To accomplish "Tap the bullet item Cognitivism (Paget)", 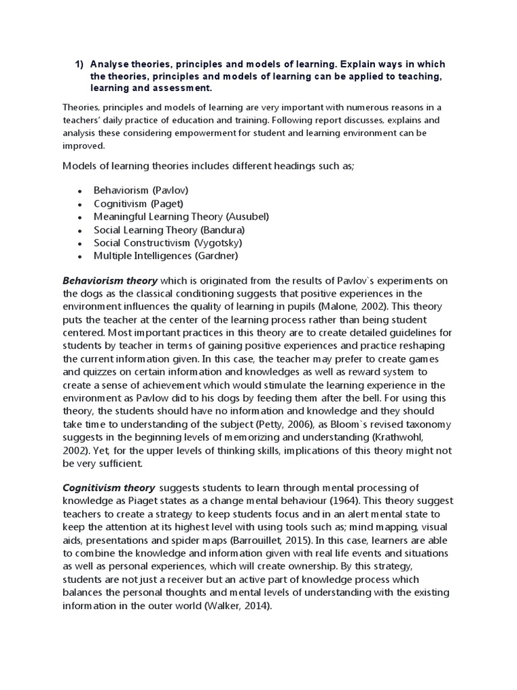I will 139,203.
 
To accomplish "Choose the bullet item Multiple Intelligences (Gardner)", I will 166,255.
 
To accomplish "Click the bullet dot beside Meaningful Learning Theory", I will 80,217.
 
